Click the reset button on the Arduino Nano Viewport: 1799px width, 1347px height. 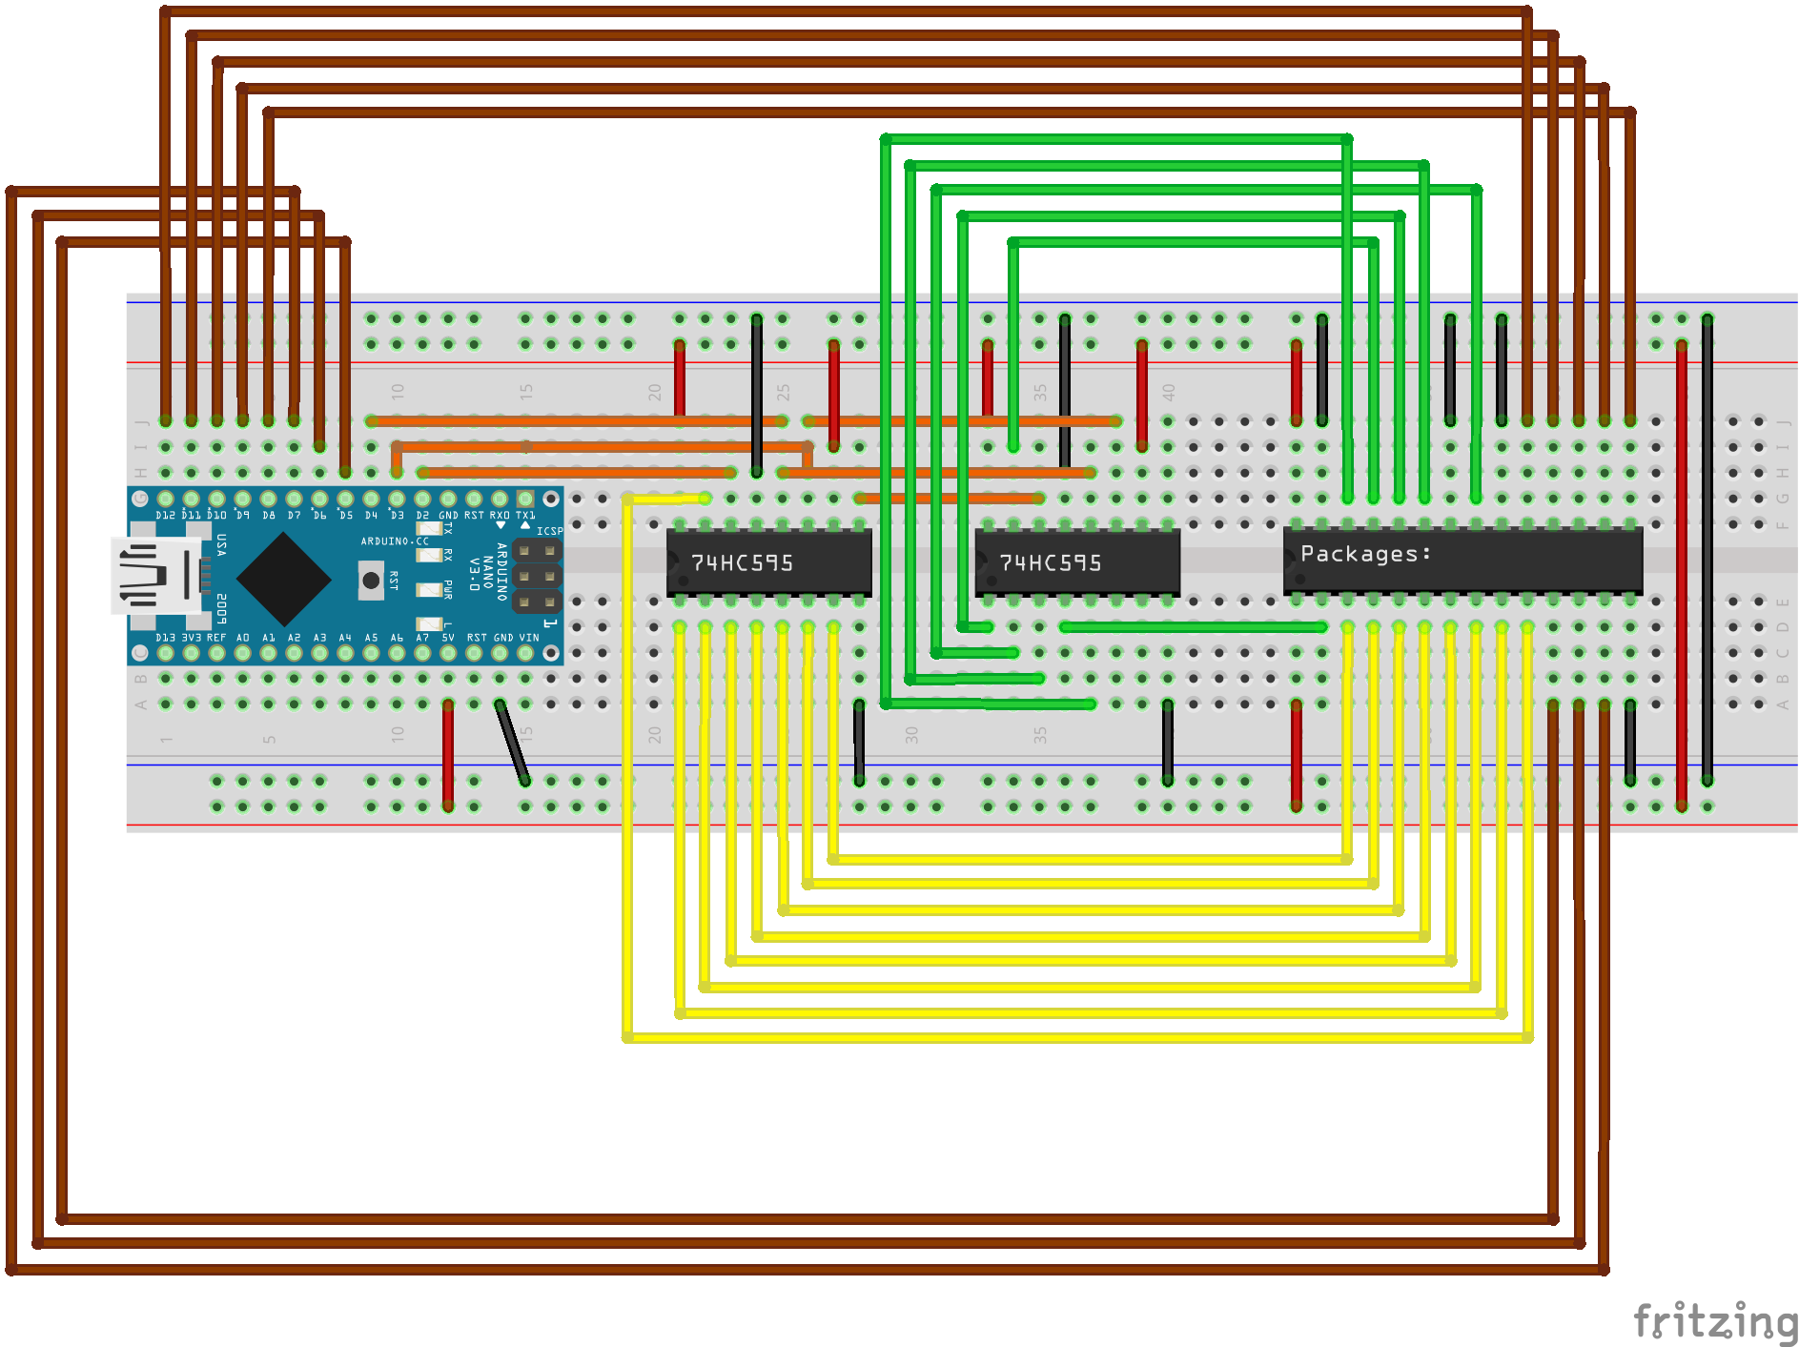371,580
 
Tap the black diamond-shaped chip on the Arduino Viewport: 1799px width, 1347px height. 283,579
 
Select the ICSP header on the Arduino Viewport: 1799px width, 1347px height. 537,576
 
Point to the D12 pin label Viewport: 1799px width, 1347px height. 165,516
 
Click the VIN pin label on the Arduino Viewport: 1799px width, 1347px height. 529,638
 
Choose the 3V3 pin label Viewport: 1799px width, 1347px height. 191,638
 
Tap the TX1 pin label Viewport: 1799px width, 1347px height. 525,516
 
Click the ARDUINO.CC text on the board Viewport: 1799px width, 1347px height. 395,541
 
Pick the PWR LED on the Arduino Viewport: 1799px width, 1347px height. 429,589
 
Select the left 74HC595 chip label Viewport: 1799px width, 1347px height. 742,563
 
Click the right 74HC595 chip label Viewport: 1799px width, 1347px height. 1050,563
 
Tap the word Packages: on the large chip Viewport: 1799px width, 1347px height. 1365,554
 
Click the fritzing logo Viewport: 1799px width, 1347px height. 1714,1322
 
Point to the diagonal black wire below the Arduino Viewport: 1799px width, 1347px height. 512,743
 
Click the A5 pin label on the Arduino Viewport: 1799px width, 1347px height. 371,638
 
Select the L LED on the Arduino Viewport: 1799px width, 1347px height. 429,623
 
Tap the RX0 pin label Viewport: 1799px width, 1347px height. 500,516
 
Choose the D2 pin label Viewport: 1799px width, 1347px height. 422,516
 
